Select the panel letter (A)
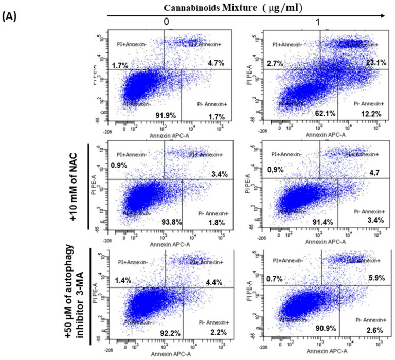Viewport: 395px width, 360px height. [11, 17]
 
